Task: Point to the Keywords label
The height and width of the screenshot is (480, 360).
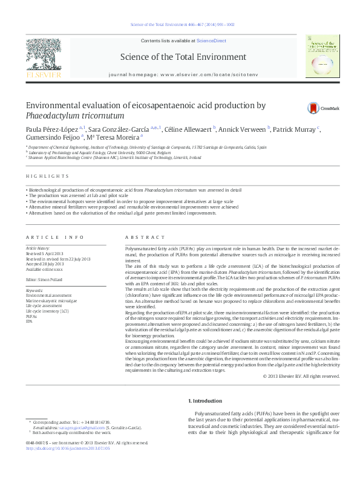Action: point(34,290)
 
